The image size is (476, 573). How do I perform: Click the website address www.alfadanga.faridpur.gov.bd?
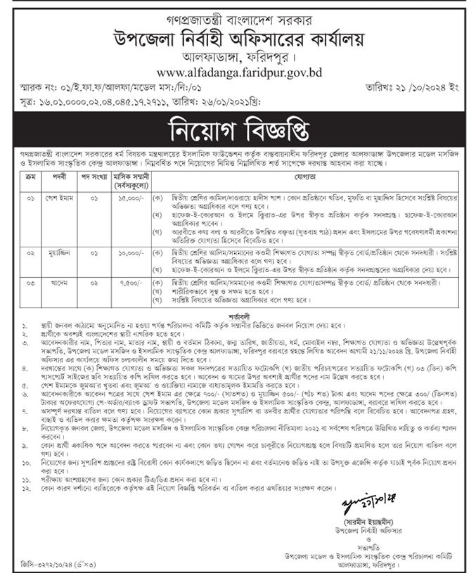[x=239, y=72]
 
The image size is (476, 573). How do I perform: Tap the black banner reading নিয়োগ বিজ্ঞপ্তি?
[x=238, y=130]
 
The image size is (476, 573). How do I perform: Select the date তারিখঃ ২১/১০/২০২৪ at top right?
[x=421, y=91]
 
